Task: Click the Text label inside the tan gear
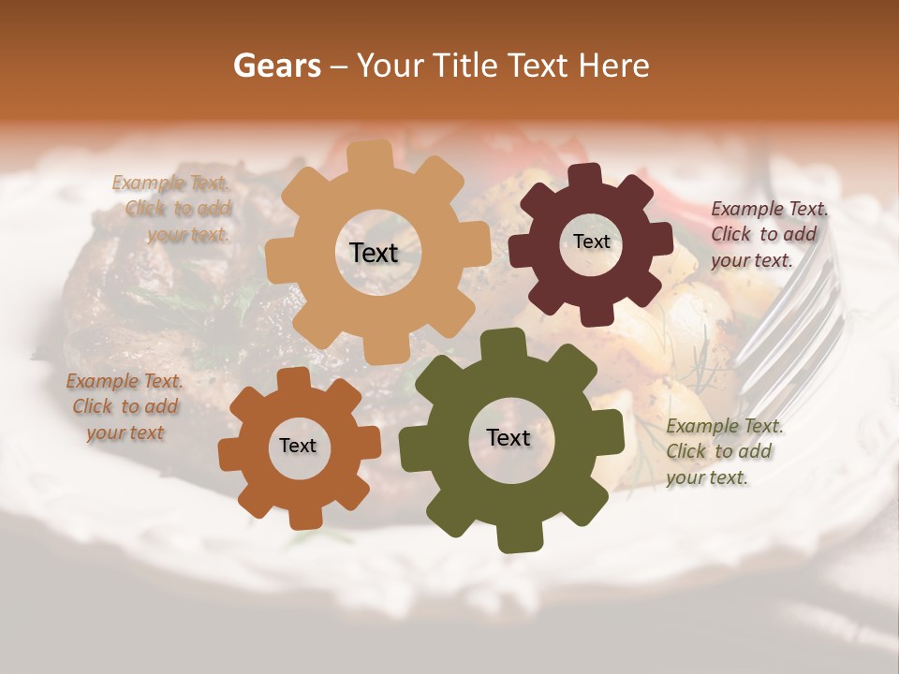[374, 253]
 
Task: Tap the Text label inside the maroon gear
[591, 242]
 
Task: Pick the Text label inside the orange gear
[298, 446]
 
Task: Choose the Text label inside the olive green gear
[508, 437]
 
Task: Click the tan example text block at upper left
[172, 209]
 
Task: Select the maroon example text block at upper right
[767, 234]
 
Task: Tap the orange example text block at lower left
[124, 406]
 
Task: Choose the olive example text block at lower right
[722, 451]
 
